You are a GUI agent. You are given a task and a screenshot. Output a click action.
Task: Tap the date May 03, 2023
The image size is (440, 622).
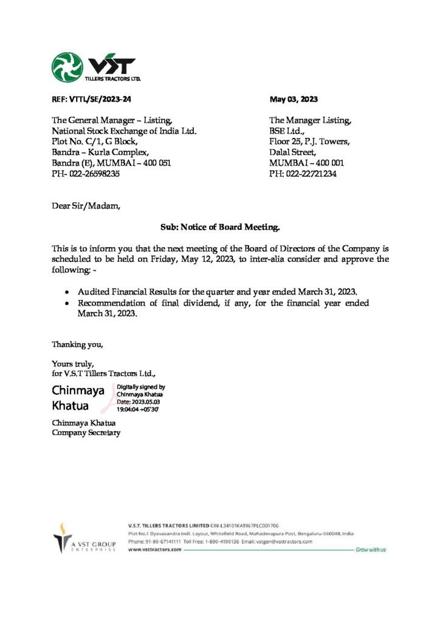click(294, 99)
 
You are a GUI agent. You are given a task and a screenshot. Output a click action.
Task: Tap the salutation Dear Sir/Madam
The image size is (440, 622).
click(86, 206)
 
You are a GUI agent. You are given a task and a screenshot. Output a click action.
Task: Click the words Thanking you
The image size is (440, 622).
click(77, 345)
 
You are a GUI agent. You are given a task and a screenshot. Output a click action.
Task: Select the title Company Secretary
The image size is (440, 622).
click(86, 432)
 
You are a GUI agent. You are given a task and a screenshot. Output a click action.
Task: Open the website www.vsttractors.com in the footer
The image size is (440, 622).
click(154, 549)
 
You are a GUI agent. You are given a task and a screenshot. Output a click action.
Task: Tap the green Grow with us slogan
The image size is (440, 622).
click(371, 549)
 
